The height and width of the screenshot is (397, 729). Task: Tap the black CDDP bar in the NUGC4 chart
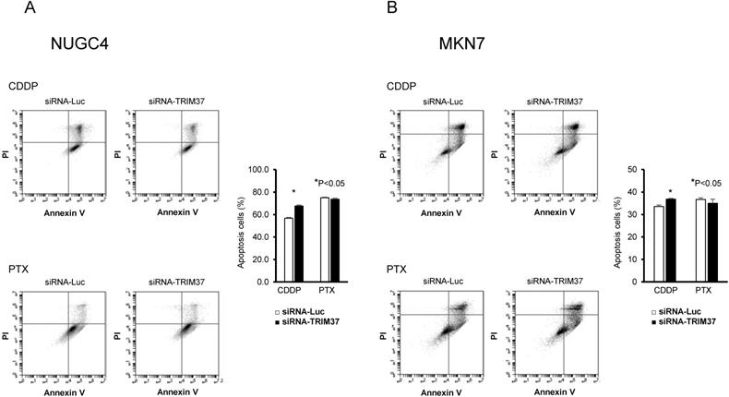tap(298, 243)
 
